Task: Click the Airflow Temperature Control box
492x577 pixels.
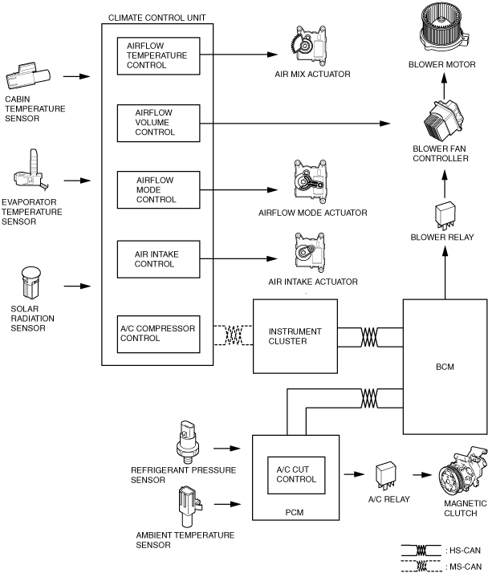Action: coord(159,56)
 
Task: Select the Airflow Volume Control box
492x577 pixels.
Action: coord(159,124)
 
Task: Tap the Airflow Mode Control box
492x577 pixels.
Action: coord(159,190)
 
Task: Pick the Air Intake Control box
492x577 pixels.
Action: coord(159,259)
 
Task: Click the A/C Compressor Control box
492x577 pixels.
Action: coord(159,334)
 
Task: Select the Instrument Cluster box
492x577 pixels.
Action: coord(295,336)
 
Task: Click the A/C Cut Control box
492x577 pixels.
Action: coord(296,475)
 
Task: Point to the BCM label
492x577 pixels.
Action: coord(445,367)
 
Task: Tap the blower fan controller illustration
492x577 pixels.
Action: coord(443,120)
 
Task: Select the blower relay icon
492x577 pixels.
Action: coord(445,216)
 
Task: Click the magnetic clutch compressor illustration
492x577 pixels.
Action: coord(462,470)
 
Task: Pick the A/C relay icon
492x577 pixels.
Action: coord(386,477)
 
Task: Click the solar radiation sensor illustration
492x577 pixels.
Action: coord(31,283)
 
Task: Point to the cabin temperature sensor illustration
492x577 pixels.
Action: coord(28,75)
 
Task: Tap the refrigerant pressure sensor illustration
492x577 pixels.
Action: coord(188,442)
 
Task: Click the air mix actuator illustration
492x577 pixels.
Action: coord(308,44)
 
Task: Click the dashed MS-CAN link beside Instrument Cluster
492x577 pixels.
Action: coord(233,335)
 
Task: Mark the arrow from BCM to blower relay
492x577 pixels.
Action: coord(445,273)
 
